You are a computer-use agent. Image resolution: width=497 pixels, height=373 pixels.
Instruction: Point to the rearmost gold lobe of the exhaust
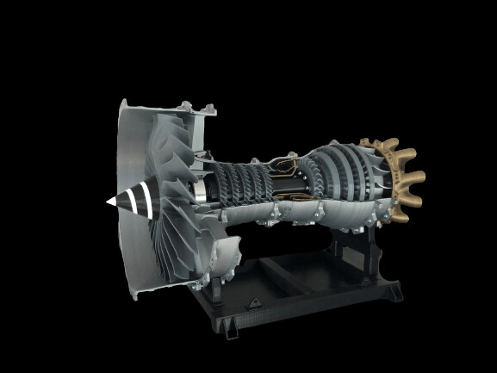(414, 180)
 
